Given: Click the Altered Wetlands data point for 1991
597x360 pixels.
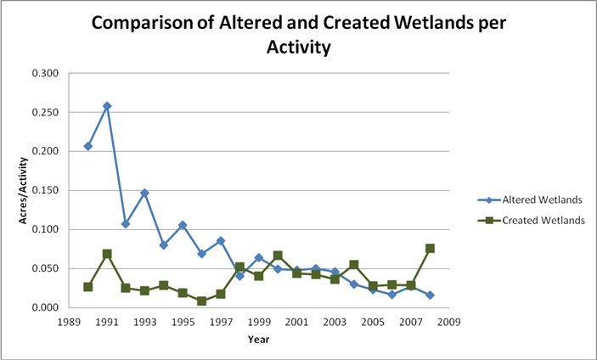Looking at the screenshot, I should point(107,106).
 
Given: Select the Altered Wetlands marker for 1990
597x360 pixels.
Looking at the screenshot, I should point(88,146).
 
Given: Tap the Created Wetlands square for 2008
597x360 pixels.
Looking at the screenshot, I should point(430,249).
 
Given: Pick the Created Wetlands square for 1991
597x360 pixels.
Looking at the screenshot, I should point(107,254).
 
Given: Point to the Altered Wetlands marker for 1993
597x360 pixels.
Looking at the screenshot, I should point(144,193).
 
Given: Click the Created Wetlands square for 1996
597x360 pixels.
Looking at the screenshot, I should point(201,301).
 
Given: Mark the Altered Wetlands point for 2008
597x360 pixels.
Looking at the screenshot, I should point(430,295).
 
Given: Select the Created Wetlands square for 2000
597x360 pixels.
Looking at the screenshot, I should point(278,256).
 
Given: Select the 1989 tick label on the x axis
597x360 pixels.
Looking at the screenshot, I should point(69,323).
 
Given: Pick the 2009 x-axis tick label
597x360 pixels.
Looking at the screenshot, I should point(448,323).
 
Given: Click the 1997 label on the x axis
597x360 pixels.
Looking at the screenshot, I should point(220,323).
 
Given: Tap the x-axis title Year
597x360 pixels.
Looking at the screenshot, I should point(259,340).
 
